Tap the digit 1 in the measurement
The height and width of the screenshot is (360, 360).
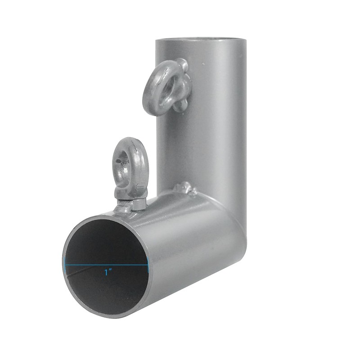[x=107, y=272]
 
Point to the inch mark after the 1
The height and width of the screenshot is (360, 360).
[x=111, y=270]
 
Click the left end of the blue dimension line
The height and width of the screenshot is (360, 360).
[x=66, y=265]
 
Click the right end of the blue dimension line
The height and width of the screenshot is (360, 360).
[x=148, y=265]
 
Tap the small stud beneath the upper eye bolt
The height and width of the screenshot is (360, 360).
[x=180, y=106]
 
